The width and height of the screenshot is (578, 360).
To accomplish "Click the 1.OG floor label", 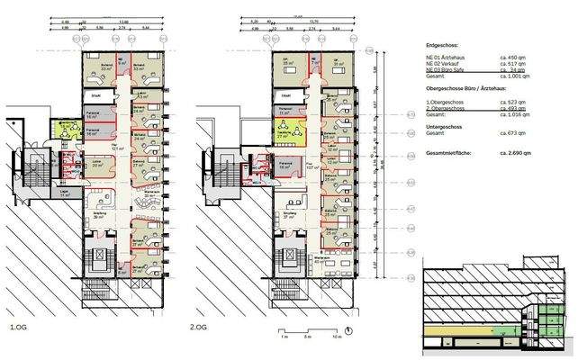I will click(18, 327).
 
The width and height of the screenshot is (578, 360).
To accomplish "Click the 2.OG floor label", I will click(199, 327).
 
